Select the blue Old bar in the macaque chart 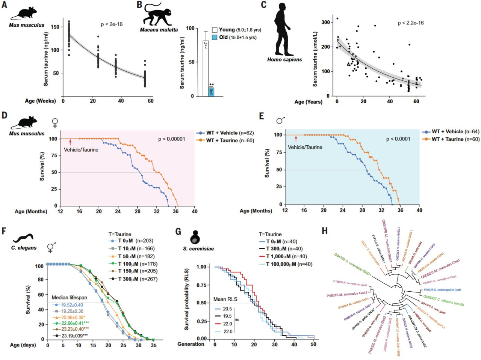coord(212,92)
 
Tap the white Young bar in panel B coord(206,68)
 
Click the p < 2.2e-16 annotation coord(410,23)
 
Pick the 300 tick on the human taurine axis coord(325,22)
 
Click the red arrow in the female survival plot coord(70,142)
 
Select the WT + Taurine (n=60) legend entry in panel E coord(451,139)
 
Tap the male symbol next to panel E coord(280,120)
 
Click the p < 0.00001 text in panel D coord(171,139)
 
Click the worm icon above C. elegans coord(24,238)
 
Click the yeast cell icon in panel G coord(195,237)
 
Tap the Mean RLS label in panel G coord(225,299)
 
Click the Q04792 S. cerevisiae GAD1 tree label coord(353,265)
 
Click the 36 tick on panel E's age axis coord(400,210)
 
